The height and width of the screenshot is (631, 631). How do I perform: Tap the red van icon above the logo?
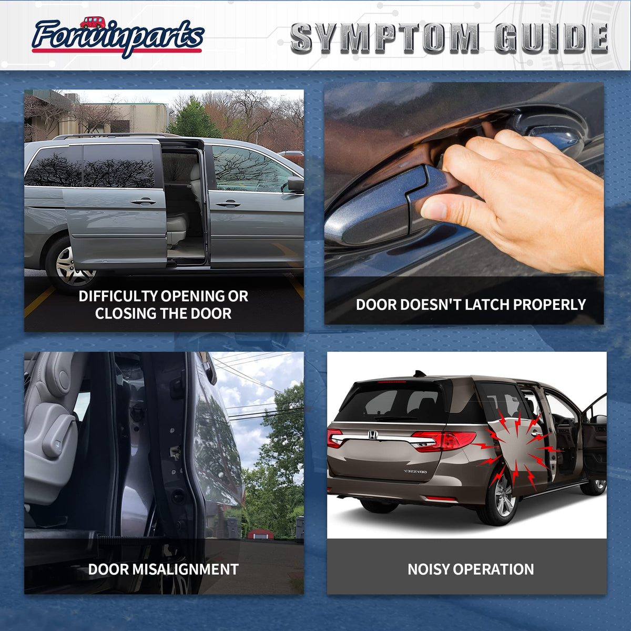coord(93,23)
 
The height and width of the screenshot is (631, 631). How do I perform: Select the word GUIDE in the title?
coord(552,38)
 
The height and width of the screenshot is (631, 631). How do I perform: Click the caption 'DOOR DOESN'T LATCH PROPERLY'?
coord(471,304)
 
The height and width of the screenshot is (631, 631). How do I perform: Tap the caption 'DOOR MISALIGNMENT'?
coord(164,569)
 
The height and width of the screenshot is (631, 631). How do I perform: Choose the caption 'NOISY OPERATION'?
coord(471,569)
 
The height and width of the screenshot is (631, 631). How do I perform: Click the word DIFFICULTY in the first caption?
coord(118,296)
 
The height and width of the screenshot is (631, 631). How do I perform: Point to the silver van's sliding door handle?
coord(143,202)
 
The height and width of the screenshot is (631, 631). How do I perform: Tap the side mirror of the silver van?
coord(296,184)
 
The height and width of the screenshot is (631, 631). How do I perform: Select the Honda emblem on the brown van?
coord(373,435)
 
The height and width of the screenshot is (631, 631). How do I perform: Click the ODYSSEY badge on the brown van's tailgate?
coord(415,472)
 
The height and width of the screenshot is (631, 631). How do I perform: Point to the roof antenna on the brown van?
coord(420,374)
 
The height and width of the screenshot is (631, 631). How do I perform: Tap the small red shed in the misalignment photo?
coord(261,534)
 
